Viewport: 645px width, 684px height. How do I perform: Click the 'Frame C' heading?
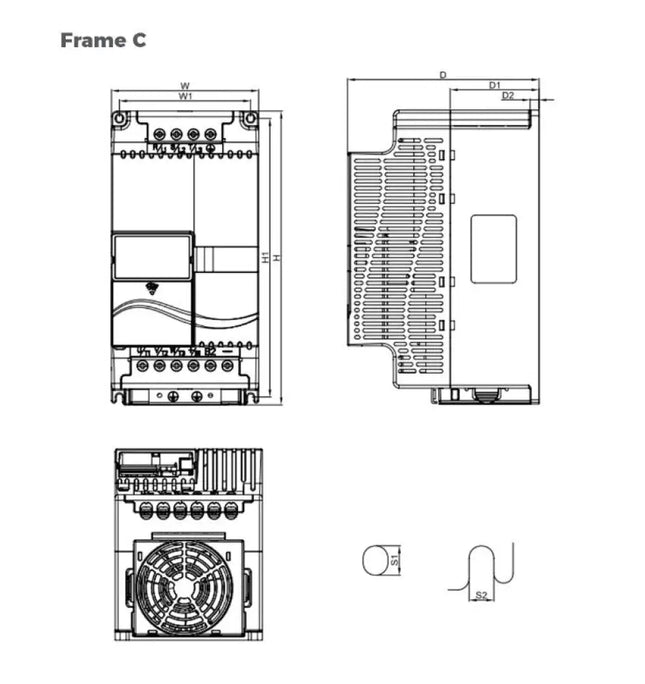(102, 40)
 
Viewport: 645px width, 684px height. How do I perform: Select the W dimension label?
(185, 86)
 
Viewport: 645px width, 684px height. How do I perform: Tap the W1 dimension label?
(185, 96)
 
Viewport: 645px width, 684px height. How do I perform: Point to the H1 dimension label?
(266, 257)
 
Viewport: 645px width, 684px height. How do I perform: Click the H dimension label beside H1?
(277, 258)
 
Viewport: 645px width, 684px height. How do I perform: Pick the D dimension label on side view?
(443, 75)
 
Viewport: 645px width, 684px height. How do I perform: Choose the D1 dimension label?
(494, 86)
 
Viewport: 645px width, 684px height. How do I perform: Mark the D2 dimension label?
(508, 96)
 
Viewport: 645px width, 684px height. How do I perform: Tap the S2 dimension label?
(481, 595)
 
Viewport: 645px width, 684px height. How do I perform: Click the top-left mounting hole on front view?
(120, 119)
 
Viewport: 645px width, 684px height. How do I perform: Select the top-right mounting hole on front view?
(249, 119)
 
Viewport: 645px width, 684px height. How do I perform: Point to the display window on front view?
(152, 256)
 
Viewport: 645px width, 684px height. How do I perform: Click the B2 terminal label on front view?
(211, 352)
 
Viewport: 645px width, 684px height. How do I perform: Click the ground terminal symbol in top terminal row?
(211, 148)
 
